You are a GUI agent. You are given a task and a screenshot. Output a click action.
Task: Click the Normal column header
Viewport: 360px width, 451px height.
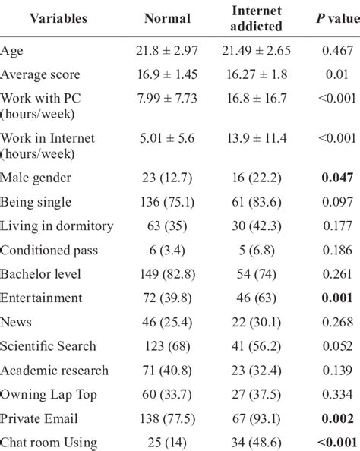[x=167, y=18]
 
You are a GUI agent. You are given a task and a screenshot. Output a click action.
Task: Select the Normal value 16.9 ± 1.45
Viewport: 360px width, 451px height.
[x=167, y=75]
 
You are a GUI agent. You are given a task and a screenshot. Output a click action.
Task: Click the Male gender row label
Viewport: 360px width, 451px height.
[x=36, y=177]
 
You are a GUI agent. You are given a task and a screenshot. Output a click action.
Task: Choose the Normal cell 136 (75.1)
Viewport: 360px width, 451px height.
[x=167, y=201]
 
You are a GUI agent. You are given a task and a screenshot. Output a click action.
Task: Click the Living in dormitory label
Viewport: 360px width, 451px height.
[x=57, y=225]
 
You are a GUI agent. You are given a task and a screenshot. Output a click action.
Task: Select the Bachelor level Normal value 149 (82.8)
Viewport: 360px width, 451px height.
[x=167, y=273]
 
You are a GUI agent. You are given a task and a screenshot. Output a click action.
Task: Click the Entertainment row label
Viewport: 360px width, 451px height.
[x=41, y=298]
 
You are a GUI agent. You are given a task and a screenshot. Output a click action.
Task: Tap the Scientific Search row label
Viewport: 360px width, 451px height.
[x=49, y=346]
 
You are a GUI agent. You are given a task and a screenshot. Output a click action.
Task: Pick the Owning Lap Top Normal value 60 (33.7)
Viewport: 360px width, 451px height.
[x=167, y=394]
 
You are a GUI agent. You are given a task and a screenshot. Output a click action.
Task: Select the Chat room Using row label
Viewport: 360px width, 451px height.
[x=50, y=443]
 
